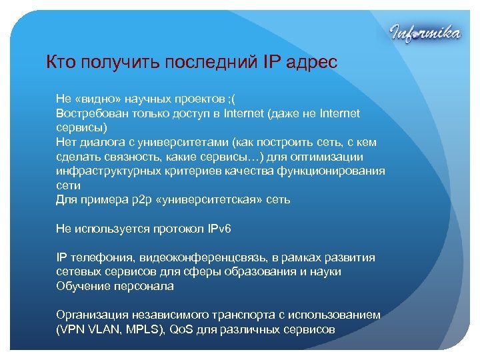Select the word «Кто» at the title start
click(61, 63)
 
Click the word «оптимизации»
click(328, 157)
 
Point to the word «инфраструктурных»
click(107, 171)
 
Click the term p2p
click(137, 199)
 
